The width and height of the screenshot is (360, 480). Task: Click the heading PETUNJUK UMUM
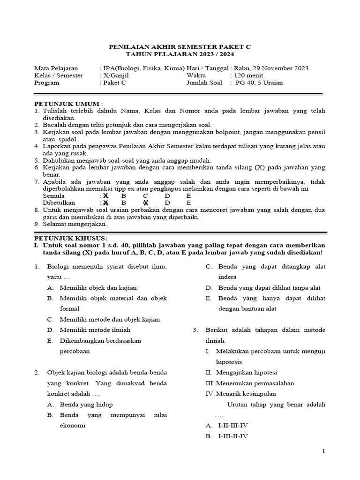point(67,104)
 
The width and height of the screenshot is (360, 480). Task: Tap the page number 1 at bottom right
point(323,451)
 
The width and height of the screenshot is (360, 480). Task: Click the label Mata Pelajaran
point(56,68)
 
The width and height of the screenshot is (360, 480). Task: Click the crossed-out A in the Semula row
point(106,195)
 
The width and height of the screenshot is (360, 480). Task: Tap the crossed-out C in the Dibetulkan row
point(145,203)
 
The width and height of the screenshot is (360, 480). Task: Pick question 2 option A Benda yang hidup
point(86,404)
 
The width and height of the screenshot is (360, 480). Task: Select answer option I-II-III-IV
point(233,426)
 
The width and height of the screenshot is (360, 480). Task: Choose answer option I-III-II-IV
point(233,436)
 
